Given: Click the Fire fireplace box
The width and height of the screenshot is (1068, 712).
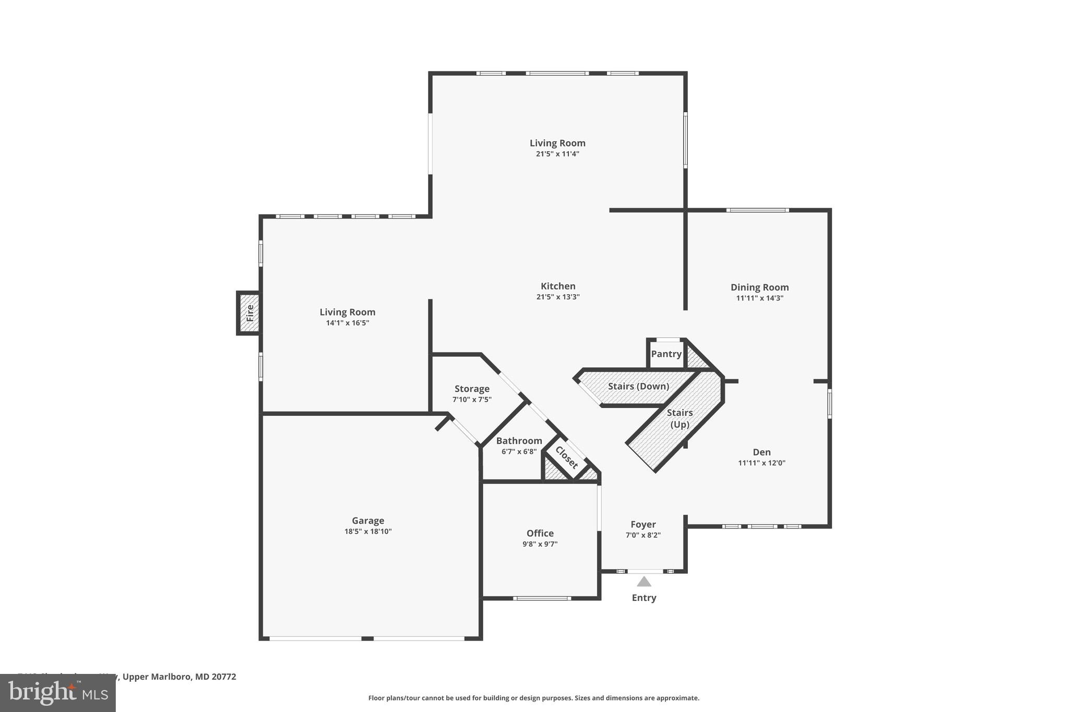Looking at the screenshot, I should (249, 313).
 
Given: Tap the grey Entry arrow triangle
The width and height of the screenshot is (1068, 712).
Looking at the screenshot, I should (644, 582).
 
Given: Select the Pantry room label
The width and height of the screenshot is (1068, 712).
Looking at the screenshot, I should (666, 354).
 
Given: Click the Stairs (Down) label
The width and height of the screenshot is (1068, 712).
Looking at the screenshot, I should (638, 386).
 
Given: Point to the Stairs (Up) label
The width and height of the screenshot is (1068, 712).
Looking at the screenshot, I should (679, 418).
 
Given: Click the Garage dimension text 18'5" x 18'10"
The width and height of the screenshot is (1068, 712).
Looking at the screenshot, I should (368, 532).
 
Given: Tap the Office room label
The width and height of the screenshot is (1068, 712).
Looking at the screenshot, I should (540, 533).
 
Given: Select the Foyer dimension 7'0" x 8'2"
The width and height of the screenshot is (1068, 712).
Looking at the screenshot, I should (643, 535).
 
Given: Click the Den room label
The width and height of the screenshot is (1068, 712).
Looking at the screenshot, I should (761, 452).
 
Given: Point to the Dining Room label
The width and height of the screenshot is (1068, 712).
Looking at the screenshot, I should (759, 287).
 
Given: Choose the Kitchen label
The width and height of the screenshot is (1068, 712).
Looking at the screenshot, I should (558, 286).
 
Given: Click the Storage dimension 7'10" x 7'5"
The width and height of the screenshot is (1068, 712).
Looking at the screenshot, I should (471, 400).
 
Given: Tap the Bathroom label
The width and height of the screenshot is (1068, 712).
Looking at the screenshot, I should (519, 441).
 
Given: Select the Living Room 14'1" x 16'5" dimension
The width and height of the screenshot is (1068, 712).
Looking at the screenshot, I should (347, 323).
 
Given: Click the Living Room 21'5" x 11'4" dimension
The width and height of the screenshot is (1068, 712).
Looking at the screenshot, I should (557, 154).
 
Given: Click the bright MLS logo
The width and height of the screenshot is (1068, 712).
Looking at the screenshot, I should (57, 693).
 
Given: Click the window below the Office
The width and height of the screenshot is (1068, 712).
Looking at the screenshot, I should (542, 598).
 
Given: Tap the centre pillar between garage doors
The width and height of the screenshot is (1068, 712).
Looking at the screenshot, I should (368, 638).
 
